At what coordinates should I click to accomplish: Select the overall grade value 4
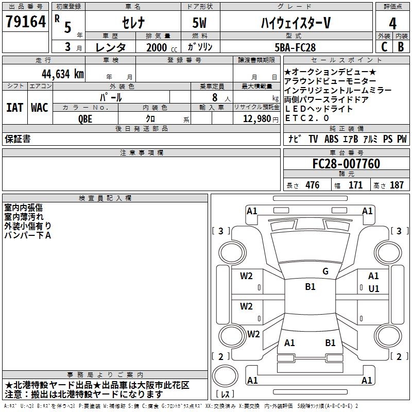(x=393, y=23)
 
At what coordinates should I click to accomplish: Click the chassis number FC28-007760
(x=346, y=164)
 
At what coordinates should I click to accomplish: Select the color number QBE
(x=85, y=118)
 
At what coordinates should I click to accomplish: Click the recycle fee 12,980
(x=256, y=118)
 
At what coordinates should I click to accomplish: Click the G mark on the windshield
(x=325, y=271)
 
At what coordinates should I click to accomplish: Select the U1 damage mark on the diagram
(x=373, y=289)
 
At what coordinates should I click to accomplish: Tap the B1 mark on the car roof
(x=310, y=287)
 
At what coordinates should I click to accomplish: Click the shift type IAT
(x=15, y=108)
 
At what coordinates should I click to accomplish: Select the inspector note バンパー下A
(x=28, y=235)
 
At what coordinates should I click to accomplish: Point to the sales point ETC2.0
(x=306, y=118)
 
